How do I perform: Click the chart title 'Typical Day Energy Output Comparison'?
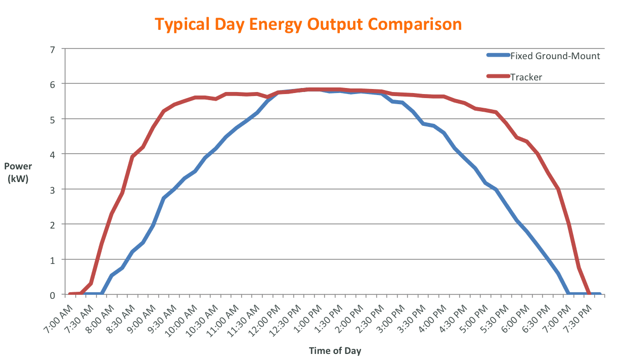click(308, 24)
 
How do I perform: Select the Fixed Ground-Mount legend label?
click(555, 56)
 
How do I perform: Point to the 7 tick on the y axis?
click(52, 49)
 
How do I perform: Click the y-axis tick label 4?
click(52, 154)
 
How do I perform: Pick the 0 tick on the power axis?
click(52, 295)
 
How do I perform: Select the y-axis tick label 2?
click(52, 224)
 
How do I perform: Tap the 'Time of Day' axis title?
click(335, 350)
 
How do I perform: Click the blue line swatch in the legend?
click(497, 56)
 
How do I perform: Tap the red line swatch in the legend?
click(497, 77)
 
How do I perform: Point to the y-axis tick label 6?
click(52, 84)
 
